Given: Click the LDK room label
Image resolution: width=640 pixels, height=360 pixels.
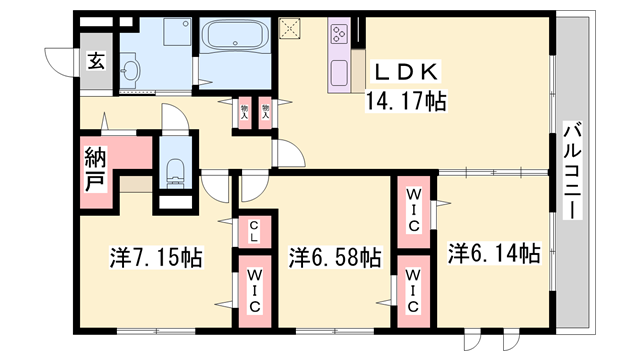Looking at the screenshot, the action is point(406,73).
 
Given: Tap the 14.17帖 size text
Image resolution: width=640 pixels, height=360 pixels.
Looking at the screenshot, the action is point(405,101).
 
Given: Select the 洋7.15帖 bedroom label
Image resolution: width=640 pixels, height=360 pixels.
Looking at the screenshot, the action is point(156,257).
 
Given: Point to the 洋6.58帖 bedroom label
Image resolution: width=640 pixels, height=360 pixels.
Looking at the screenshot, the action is point(336,257).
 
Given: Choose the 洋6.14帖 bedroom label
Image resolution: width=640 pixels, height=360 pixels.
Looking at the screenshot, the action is point(494,253).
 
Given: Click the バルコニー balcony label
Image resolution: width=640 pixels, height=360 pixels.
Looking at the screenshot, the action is point(572,170).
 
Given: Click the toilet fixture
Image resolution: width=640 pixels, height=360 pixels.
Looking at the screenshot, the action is point(176,172).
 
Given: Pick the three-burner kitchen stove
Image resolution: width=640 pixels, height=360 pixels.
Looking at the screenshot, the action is point(340,33).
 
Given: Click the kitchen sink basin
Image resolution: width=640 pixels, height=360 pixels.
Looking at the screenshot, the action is point(340,73).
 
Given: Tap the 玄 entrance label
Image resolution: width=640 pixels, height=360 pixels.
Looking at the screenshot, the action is point(96,61).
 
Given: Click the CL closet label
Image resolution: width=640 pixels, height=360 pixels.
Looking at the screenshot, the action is point(254,231).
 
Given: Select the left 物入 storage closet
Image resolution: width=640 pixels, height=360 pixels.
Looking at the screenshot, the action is point(244,112).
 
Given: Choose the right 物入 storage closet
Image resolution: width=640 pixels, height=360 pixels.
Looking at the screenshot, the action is point(266,112).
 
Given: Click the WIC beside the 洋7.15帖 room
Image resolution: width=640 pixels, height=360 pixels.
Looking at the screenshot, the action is point(255,291).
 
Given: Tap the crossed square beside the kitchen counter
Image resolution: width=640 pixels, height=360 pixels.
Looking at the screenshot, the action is point(289,29).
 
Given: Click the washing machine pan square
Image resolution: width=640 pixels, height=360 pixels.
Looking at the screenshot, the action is point(177,32).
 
